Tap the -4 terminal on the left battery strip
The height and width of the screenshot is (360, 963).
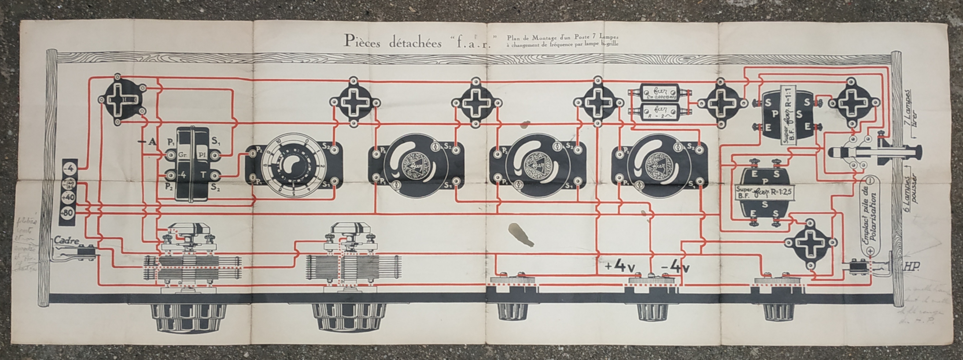[x=70, y=169]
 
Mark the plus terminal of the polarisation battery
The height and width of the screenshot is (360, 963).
[x=871, y=251]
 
